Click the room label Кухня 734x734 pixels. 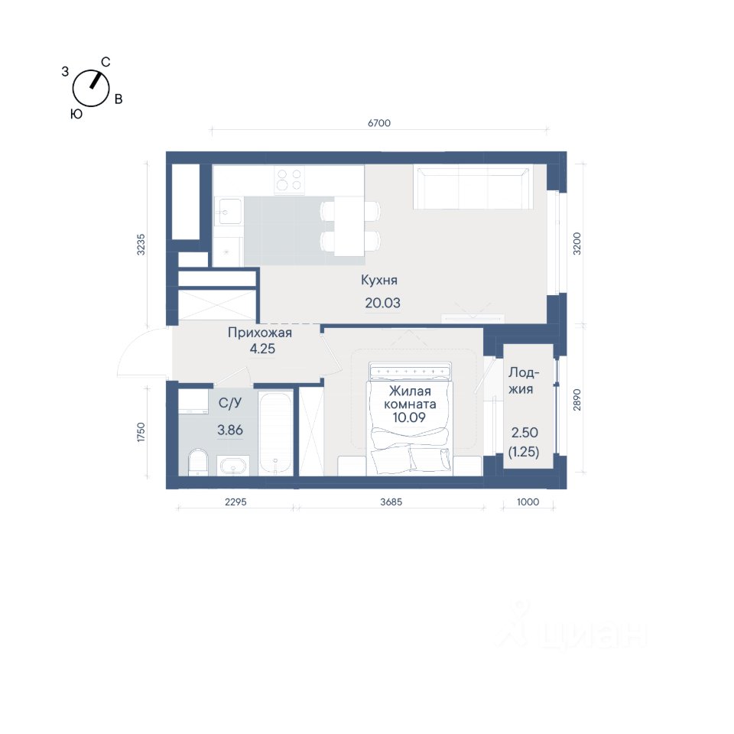click(379, 280)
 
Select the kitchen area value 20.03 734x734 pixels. click(382, 303)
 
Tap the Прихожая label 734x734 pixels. click(259, 333)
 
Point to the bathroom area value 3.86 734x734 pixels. click(230, 430)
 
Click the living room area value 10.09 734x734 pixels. click(409, 417)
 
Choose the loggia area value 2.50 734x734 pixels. click(525, 432)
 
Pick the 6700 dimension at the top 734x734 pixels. click(379, 122)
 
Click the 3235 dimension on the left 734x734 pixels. click(141, 245)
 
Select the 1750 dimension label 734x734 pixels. click(141, 432)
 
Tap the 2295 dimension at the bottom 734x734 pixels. click(235, 502)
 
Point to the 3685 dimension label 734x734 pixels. click(391, 502)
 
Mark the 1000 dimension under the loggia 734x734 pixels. click(528, 502)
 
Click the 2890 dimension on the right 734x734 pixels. click(576, 400)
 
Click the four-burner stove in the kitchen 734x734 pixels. click(289, 180)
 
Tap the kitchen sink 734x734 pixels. click(229, 211)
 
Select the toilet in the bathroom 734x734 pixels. click(198, 463)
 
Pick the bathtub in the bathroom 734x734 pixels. click(276, 434)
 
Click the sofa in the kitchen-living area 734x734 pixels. click(473, 188)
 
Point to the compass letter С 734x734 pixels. click(106, 62)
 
